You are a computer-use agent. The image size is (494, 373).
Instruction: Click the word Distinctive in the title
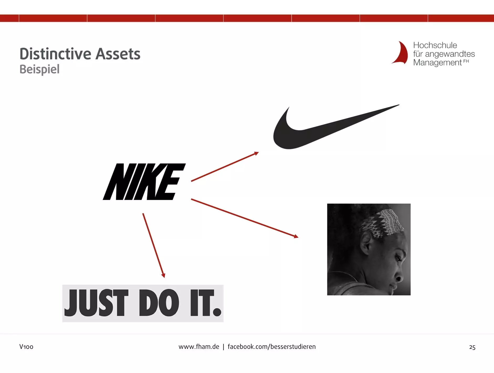coord(55,54)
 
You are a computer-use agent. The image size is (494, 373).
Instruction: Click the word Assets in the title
coord(118,54)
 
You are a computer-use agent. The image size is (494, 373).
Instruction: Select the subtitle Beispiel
coord(40,69)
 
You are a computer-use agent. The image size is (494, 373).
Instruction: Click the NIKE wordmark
coord(144,182)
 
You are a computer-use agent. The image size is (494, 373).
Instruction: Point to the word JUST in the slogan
coord(96,303)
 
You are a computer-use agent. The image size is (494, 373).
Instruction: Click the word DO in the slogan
coord(159,303)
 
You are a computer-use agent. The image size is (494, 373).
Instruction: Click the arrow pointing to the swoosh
coord(225,167)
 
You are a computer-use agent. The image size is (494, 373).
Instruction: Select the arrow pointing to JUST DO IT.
coord(154,245)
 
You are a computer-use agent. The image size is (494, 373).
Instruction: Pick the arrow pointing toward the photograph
coord(245,218)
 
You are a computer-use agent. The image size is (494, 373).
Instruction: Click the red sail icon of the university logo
coord(400,53)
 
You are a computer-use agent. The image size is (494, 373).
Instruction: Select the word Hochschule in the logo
coord(435,45)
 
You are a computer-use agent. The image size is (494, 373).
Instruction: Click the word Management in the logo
coord(437,63)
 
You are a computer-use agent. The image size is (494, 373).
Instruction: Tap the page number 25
coord(472,347)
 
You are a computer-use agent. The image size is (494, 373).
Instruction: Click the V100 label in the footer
coord(26,347)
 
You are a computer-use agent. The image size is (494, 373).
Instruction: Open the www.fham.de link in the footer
coord(199,347)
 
